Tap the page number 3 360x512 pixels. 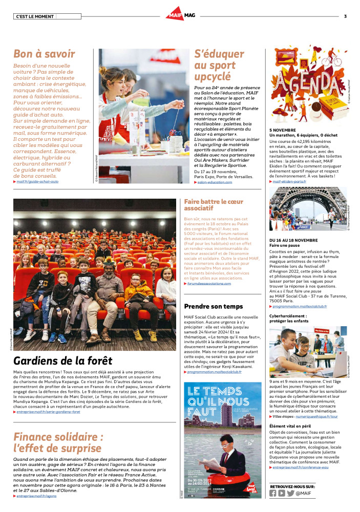(345, 16)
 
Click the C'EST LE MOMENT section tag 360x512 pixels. (35, 16)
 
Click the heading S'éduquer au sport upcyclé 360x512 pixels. (219, 66)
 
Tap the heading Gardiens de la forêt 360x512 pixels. (63, 359)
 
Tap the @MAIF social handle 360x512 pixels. (304, 493)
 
